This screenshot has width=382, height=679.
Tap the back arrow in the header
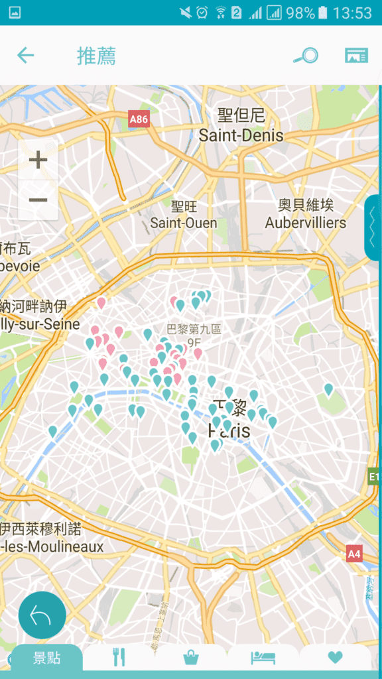(x=26, y=56)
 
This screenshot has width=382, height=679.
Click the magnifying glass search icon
(x=306, y=56)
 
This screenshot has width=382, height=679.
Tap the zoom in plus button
(x=38, y=160)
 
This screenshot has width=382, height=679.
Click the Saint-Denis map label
(x=241, y=135)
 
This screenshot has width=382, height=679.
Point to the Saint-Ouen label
(x=183, y=223)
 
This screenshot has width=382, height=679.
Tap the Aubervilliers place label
(x=306, y=222)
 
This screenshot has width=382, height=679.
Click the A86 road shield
(x=139, y=119)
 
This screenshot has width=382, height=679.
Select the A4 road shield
(x=354, y=553)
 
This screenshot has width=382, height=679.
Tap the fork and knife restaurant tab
(x=119, y=657)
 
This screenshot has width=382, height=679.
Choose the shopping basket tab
(x=191, y=657)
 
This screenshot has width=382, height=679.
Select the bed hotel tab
(x=263, y=657)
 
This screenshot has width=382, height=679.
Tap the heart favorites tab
(x=336, y=657)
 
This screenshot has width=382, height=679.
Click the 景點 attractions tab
(x=47, y=658)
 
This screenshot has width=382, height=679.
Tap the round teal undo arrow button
(x=42, y=615)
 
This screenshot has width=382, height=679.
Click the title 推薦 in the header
(x=96, y=56)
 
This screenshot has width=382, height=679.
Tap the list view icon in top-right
(x=356, y=56)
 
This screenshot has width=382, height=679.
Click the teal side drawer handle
(x=373, y=227)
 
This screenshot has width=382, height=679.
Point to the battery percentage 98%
(x=300, y=13)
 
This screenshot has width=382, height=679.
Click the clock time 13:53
(x=352, y=13)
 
